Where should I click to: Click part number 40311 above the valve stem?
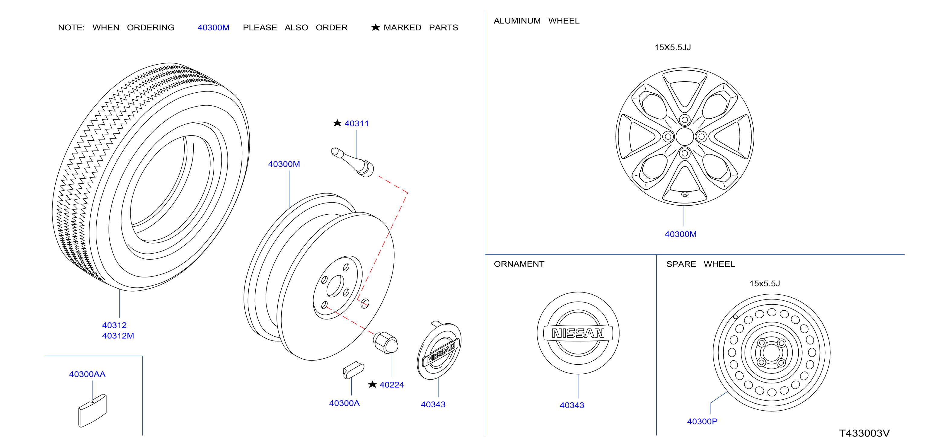click(x=356, y=123)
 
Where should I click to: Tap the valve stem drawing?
click(x=353, y=162)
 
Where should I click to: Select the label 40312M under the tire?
click(x=118, y=336)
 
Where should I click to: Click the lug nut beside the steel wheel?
click(x=386, y=342)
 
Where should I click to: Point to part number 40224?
click(x=392, y=385)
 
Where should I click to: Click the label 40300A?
click(x=344, y=403)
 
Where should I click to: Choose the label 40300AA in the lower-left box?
click(x=87, y=374)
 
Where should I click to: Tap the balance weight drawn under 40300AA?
click(x=92, y=411)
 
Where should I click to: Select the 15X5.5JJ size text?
click(x=672, y=47)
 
